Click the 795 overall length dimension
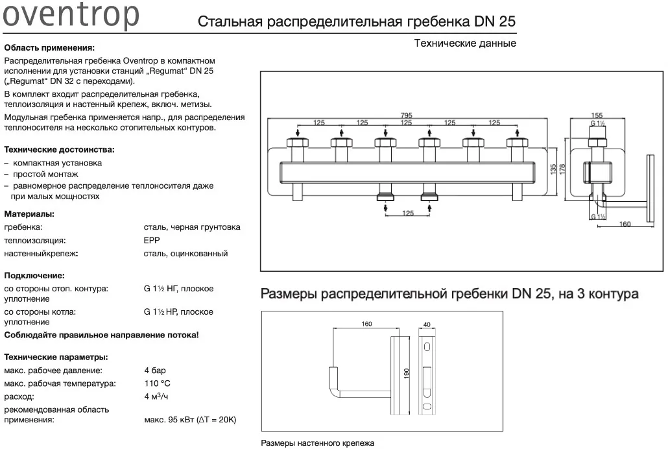point(406,116)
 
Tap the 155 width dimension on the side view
point(597,115)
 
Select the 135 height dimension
point(553,170)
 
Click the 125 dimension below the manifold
point(408,213)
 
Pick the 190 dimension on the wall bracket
point(407,374)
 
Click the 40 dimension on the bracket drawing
point(426,324)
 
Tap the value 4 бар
point(155,370)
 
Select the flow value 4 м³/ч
point(156,396)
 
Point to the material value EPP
point(151,240)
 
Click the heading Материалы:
point(29,213)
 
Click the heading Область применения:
point(49,48)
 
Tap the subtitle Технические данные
point(465,43)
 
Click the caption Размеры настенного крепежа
point(317,444)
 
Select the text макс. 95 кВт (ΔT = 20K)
point(190,420)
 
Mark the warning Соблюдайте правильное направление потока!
point(101,335)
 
